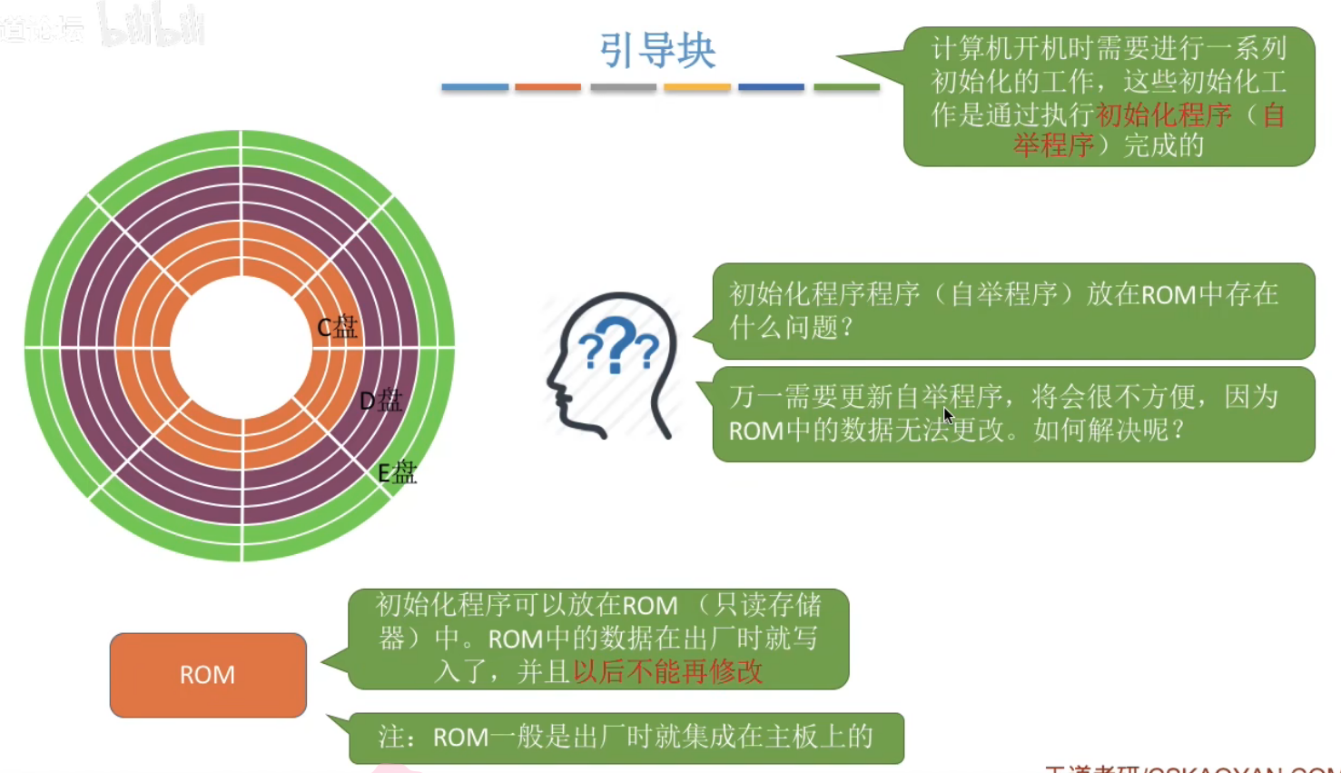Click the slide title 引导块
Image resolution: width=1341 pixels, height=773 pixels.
tap(657, 50)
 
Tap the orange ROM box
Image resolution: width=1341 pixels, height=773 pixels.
tap(208, 675)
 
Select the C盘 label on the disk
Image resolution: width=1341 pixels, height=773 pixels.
tap(337, 328)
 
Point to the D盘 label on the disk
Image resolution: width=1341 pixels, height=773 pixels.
tap(380, 401)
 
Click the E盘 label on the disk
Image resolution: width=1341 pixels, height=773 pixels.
tap(397, 472)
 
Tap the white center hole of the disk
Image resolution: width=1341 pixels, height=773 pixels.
tap(241, 347)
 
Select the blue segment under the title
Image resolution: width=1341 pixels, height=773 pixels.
tap(475, 87)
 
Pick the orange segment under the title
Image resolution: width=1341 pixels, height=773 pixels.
tap(548, 87)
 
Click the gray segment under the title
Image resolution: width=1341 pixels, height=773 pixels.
tap(623, 87)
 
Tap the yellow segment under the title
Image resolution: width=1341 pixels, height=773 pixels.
tap(697, 87)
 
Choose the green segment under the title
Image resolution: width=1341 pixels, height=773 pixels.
tap(846, 87)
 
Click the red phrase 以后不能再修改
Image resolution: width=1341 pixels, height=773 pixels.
tap(667, 671)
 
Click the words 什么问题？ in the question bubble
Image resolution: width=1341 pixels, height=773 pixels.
tap(791, 327)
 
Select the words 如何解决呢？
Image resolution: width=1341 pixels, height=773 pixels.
tap(1109, 429)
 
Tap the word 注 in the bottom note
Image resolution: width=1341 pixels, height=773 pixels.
tap(391, 737)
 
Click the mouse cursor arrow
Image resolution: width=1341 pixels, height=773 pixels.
tap(948, 416)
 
